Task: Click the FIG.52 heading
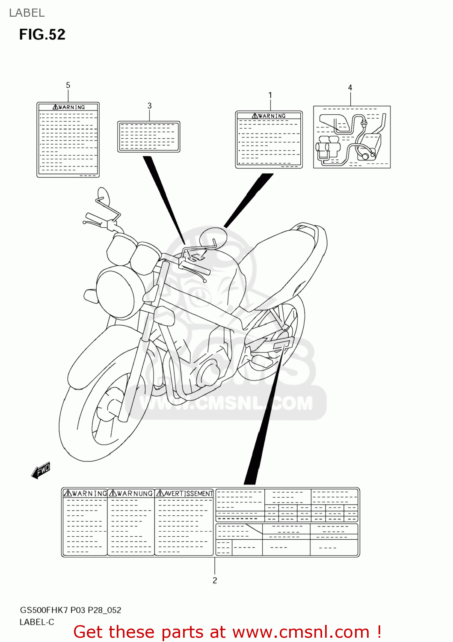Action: [x=42, y=34]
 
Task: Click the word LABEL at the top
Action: [x=27, y=13]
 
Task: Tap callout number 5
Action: [x=68, y=85]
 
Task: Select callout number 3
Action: [x=149, y=105]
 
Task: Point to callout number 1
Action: [x=270, y=95]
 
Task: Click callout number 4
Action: [x=350, y=87]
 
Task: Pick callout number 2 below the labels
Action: [x=215, y=580]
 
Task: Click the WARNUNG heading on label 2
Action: [x=131, y=493]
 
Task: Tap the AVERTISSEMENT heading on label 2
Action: [x=185, y=493]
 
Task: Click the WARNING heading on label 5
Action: [x=68, y=107]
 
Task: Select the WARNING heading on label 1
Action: [x=269, y=116]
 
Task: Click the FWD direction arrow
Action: [x=41, y=470]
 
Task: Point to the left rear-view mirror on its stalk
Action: [x=103, y=196]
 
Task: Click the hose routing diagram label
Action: [x=352, y=137]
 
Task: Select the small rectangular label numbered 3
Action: [x=148, y=136]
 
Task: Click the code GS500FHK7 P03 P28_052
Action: [x=71, y=610]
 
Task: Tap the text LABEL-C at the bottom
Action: [x=37, y=622]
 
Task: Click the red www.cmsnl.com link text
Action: [x=301, y=632]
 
